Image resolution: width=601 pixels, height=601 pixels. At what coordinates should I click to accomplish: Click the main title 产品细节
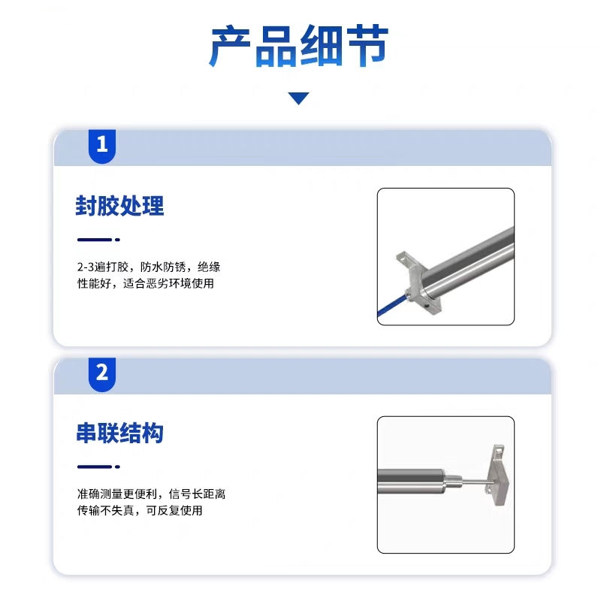pyautogui.click(x=298, y=46)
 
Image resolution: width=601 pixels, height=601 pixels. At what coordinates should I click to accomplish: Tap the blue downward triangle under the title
pyautogui.click(x=298, y=98)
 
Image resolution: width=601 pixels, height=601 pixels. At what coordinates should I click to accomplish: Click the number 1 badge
pyautogui.click(x=102, y=146)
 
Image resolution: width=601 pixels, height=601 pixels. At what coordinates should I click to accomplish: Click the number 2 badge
pyautogui.click(x=102, y=374)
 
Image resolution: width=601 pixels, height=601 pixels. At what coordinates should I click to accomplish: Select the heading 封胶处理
pyautogui.click(x=119, y=206)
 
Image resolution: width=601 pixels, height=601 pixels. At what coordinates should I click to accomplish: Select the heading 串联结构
pyautogui.click(x=119, y=433)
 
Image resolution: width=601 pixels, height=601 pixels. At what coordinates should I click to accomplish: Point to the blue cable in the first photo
pyautogui.click(x=391, y=306)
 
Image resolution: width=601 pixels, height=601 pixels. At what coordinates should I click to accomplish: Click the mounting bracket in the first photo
pyautogui.click(x=418, y=283)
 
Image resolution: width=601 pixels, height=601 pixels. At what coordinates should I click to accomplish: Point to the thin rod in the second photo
pyautogui.click(x=476, y=481)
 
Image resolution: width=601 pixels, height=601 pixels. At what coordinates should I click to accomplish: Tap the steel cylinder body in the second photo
pyautogui.click(x=411, y=481)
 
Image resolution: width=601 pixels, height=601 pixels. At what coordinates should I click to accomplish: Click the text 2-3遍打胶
pyautogui.click(x=102, y=267)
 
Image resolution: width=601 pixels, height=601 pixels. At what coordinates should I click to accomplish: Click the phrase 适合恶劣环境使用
pyautogui.click(x=168, y=283)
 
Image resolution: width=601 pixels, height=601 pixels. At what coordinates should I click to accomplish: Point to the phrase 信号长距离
pyautogui.click(x=197, y=494)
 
